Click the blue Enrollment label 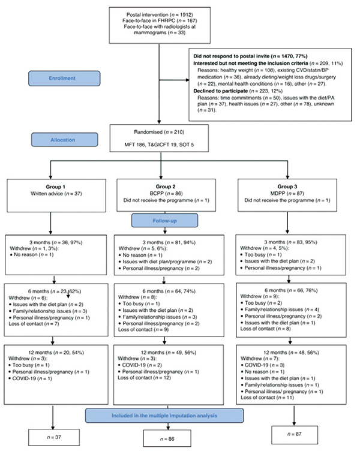pos(64,78)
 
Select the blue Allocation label pos(64,140)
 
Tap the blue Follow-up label pos(164,221)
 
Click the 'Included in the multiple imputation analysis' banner pos(164,416)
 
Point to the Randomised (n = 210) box pos(159,138)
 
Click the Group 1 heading pos(56,187)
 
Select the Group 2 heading pos(166,187)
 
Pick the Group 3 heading pos(287,187)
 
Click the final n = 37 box pos(54,437)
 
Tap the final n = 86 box pos(167,438)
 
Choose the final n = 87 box pos(295,434)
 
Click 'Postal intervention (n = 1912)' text pos(160,14)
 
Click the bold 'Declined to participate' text pos(220,91)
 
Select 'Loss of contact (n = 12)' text pos(144,378)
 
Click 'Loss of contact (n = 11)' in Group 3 pos(267,398)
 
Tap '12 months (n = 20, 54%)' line pos(56,353)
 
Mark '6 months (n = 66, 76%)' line pos(291,290)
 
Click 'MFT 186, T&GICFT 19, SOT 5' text pos(159,145)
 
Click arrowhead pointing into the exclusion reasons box pos(187,80)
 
